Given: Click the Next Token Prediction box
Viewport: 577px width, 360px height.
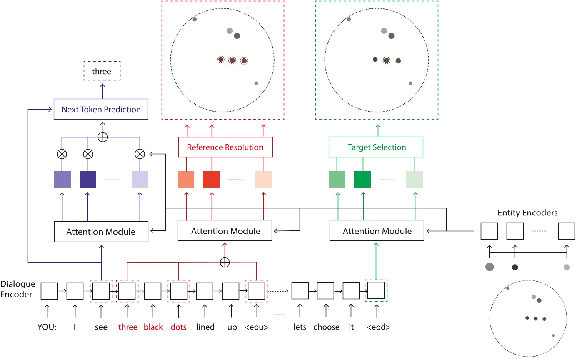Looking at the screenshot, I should (101, 109).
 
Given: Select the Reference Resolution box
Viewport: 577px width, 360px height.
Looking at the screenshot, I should (225, 147).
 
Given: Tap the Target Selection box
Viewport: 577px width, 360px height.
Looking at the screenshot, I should (376, 147).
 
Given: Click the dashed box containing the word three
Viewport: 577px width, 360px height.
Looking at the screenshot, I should (102, 71).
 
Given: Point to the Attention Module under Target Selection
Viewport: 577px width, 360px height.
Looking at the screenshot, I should (377, 231).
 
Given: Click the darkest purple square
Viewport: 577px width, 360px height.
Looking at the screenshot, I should (88, 179).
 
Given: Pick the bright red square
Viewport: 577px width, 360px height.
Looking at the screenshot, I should (211, 179).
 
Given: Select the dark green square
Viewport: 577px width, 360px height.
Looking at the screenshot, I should (362, 179).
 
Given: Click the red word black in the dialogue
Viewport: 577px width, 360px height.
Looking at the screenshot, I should (153, 327).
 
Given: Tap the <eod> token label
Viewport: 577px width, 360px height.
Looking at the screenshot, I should (379, 327).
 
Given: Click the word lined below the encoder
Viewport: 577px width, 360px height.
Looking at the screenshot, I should (205, 327).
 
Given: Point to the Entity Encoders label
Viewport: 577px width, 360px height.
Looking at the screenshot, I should (527, 213).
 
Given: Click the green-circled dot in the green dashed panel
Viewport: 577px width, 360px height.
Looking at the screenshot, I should (387, 60).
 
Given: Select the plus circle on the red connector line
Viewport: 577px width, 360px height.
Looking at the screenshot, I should (225, 262).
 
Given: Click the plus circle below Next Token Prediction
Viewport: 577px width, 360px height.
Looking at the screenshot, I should (103, 137).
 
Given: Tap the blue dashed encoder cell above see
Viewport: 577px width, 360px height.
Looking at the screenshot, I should (101, 291).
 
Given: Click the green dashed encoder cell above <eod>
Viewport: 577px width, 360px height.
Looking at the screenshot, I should (376, 291).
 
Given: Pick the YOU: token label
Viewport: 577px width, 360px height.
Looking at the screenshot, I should (47, 327).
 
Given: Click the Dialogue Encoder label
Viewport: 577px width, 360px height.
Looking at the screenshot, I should (18, 289).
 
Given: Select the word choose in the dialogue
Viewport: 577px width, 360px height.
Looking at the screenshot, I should (326, 327).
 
